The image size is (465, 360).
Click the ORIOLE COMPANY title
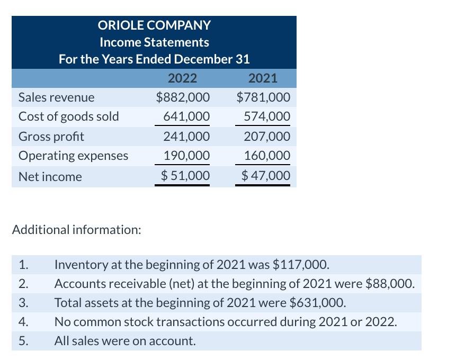pyautogui.click(x=154, y=25)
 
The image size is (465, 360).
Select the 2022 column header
pyautogui.click(x=182, y=78)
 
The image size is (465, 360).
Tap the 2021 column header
pyautogui.click(x=263, y=78)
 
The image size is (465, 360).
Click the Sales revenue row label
pyautogui.click(x=57, y=97)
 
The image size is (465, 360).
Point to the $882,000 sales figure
pyautogui.click(x=183, y=97)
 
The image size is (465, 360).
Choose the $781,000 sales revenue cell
pyautogui.click(x=263, y=97)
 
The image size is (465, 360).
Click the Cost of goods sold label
pyautogui.click(x=69, y=116)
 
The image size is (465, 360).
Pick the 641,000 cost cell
pyautogui.click(x=186, y=116)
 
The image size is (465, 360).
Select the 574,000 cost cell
pyautogui.click(x=267, y=116)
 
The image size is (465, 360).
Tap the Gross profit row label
pyautogui.click(x=51, y=136)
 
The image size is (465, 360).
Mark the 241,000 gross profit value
pyautogui.click(x=186, y=136)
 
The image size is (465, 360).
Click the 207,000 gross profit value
pyautogui.click(x=267, y=136)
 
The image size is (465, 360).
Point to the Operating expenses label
pyautogui.click(x=74, y=156)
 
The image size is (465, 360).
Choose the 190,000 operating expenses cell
pyautogui.click(x=186, y=156)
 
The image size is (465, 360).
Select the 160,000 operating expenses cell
pyautogui.click(x=267, y=156)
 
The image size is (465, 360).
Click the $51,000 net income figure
pyautogui.click(x=185, y=175)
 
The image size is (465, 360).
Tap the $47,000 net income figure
pyautogui.click(x=266, y=175)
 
